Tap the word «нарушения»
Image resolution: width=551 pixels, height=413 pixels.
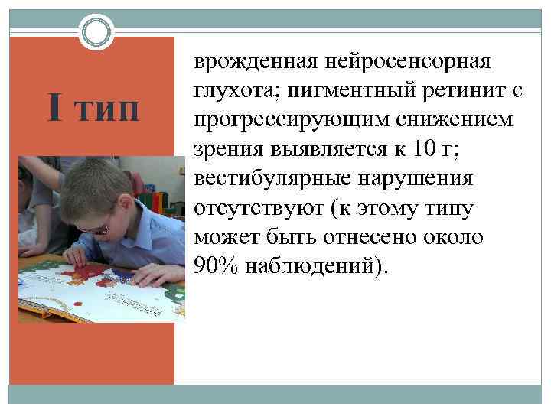418,180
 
